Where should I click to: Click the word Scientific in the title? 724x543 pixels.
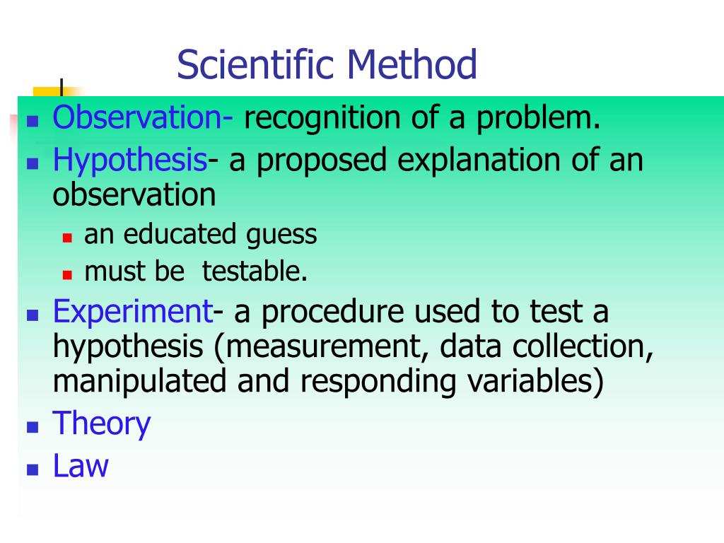coord(256,65)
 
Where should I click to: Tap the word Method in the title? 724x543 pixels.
coord(411,65)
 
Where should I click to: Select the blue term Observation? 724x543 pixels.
coord(139,118)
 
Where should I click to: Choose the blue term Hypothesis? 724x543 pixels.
coord(130,162)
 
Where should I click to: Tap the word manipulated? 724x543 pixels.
coord(140,382)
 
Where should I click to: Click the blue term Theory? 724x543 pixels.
coord(102,424)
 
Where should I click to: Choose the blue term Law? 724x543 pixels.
coord(81,467)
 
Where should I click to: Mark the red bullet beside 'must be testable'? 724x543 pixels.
coord(67,274)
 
